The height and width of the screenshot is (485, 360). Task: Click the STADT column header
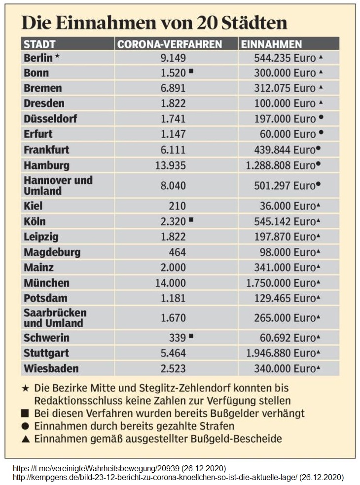(x=40, y=44)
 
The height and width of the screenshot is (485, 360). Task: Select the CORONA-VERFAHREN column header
(x=169, y=44)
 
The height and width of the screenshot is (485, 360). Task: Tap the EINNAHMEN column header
(x=271, y=44)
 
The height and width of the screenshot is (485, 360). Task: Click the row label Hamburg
(x=46, y=165)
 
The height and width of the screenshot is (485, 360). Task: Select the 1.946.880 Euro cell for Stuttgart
(x=285, y=353)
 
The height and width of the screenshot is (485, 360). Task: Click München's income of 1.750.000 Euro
(x=285, y=283)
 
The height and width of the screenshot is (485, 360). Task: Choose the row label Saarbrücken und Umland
(x=55, y=318)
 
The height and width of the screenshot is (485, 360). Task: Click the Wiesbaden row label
(x=51, y=368)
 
